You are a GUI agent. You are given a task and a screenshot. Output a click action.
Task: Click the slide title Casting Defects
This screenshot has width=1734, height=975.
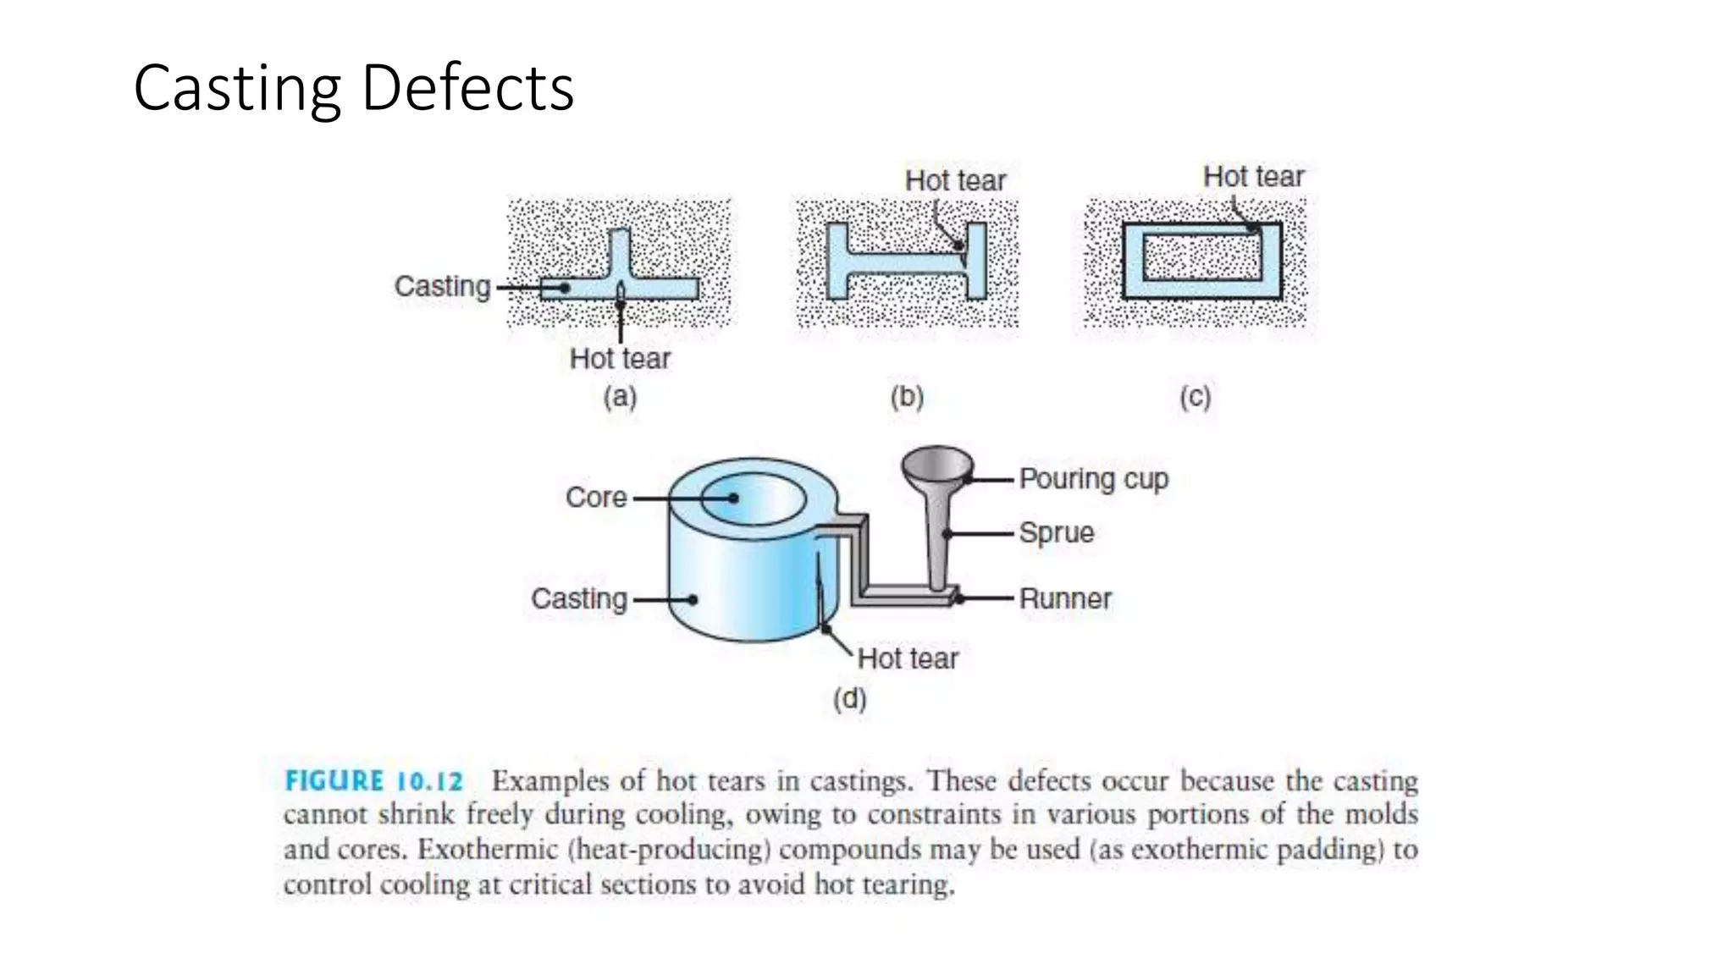[353, 88]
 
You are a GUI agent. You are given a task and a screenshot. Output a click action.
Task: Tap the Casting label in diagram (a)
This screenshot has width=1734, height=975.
[442, 286]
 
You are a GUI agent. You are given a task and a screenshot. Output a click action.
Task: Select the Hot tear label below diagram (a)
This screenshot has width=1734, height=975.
[620, 358]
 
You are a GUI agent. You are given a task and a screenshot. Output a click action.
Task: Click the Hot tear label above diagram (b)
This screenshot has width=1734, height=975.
[955, 180]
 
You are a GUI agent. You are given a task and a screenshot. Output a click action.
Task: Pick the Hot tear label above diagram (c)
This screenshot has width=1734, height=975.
[1253, 176]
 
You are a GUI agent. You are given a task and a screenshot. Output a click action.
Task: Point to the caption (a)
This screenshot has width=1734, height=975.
[620, 397]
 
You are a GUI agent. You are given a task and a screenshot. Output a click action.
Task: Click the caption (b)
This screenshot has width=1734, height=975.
[907, 397]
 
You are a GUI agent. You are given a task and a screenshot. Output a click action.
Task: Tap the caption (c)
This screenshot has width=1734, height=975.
[1196, 397]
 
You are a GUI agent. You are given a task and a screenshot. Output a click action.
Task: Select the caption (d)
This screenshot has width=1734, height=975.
[850, 699]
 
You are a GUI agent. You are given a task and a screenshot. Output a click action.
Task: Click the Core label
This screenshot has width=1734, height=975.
[596, 497]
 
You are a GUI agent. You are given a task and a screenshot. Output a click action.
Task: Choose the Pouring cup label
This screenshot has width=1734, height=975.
[1093, 478]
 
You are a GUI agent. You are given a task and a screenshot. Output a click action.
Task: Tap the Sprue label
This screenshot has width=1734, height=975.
[1056, 532]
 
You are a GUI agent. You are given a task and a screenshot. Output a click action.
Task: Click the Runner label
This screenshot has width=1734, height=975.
[1064, 598]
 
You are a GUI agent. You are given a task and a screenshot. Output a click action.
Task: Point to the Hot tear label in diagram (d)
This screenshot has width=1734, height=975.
[908, 658]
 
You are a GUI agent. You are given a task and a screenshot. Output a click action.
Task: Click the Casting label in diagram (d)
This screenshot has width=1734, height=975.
[579, 598]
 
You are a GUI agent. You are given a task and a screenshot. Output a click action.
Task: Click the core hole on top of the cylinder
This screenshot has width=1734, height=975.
[752, 499]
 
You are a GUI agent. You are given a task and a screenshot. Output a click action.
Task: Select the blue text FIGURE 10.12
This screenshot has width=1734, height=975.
[374, 780]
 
